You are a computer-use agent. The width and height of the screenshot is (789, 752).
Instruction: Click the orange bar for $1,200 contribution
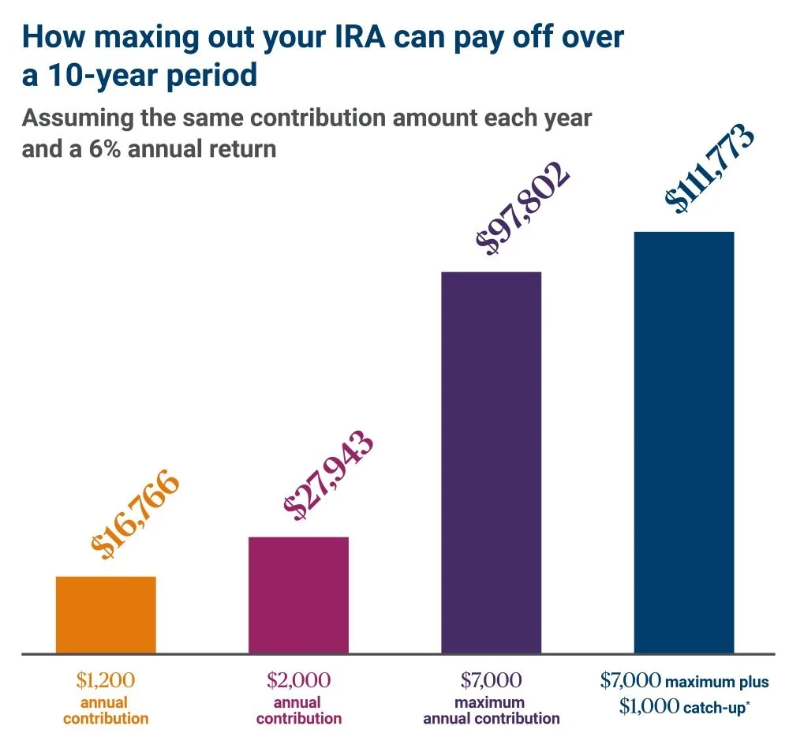click(106, 615)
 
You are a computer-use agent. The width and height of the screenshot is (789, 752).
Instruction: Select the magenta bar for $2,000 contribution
click(298, 595)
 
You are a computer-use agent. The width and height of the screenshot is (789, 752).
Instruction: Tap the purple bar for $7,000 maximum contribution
click(491, 462)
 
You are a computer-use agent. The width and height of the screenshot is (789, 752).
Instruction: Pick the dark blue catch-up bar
click(684, 443)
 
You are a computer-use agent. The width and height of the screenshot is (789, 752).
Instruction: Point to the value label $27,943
click(329, 476)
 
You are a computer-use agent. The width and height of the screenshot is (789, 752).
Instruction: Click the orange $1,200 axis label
click(106, 680)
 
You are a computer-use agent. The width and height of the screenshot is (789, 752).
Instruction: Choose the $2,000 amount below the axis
click(298, 680)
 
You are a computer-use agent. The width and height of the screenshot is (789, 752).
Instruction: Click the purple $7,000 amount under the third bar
click(491, 680)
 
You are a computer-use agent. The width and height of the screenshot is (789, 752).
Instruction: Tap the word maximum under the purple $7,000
click(492, 702)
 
